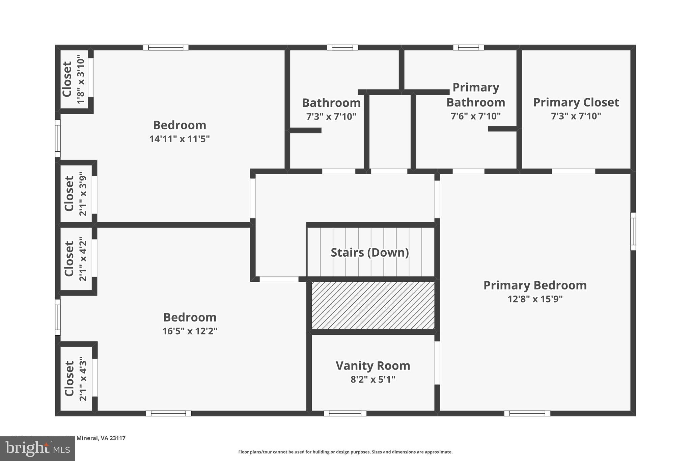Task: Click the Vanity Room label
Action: (x=373, y=365)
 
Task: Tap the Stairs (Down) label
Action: (x=370, y=253)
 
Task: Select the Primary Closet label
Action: (x=576, y=102)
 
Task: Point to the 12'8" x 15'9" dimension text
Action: (x=535, y=299)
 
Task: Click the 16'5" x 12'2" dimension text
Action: (x=190, y=331)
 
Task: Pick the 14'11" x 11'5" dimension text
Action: (x=179, y=139)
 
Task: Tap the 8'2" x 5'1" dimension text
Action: (x=373, y=380)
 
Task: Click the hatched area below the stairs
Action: (x=373, y=306)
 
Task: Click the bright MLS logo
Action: (x=37, y=449)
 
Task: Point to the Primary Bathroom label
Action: (x=476, y=95)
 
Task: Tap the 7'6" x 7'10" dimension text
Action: (x=476, y=116)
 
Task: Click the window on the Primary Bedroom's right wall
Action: (x=633, y=231)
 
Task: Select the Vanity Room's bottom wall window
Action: (x=345, y=413)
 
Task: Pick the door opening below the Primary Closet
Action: (x=573, y=172)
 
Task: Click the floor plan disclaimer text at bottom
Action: (x=345, y=452)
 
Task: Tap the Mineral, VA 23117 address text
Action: (x=101, y=438)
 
